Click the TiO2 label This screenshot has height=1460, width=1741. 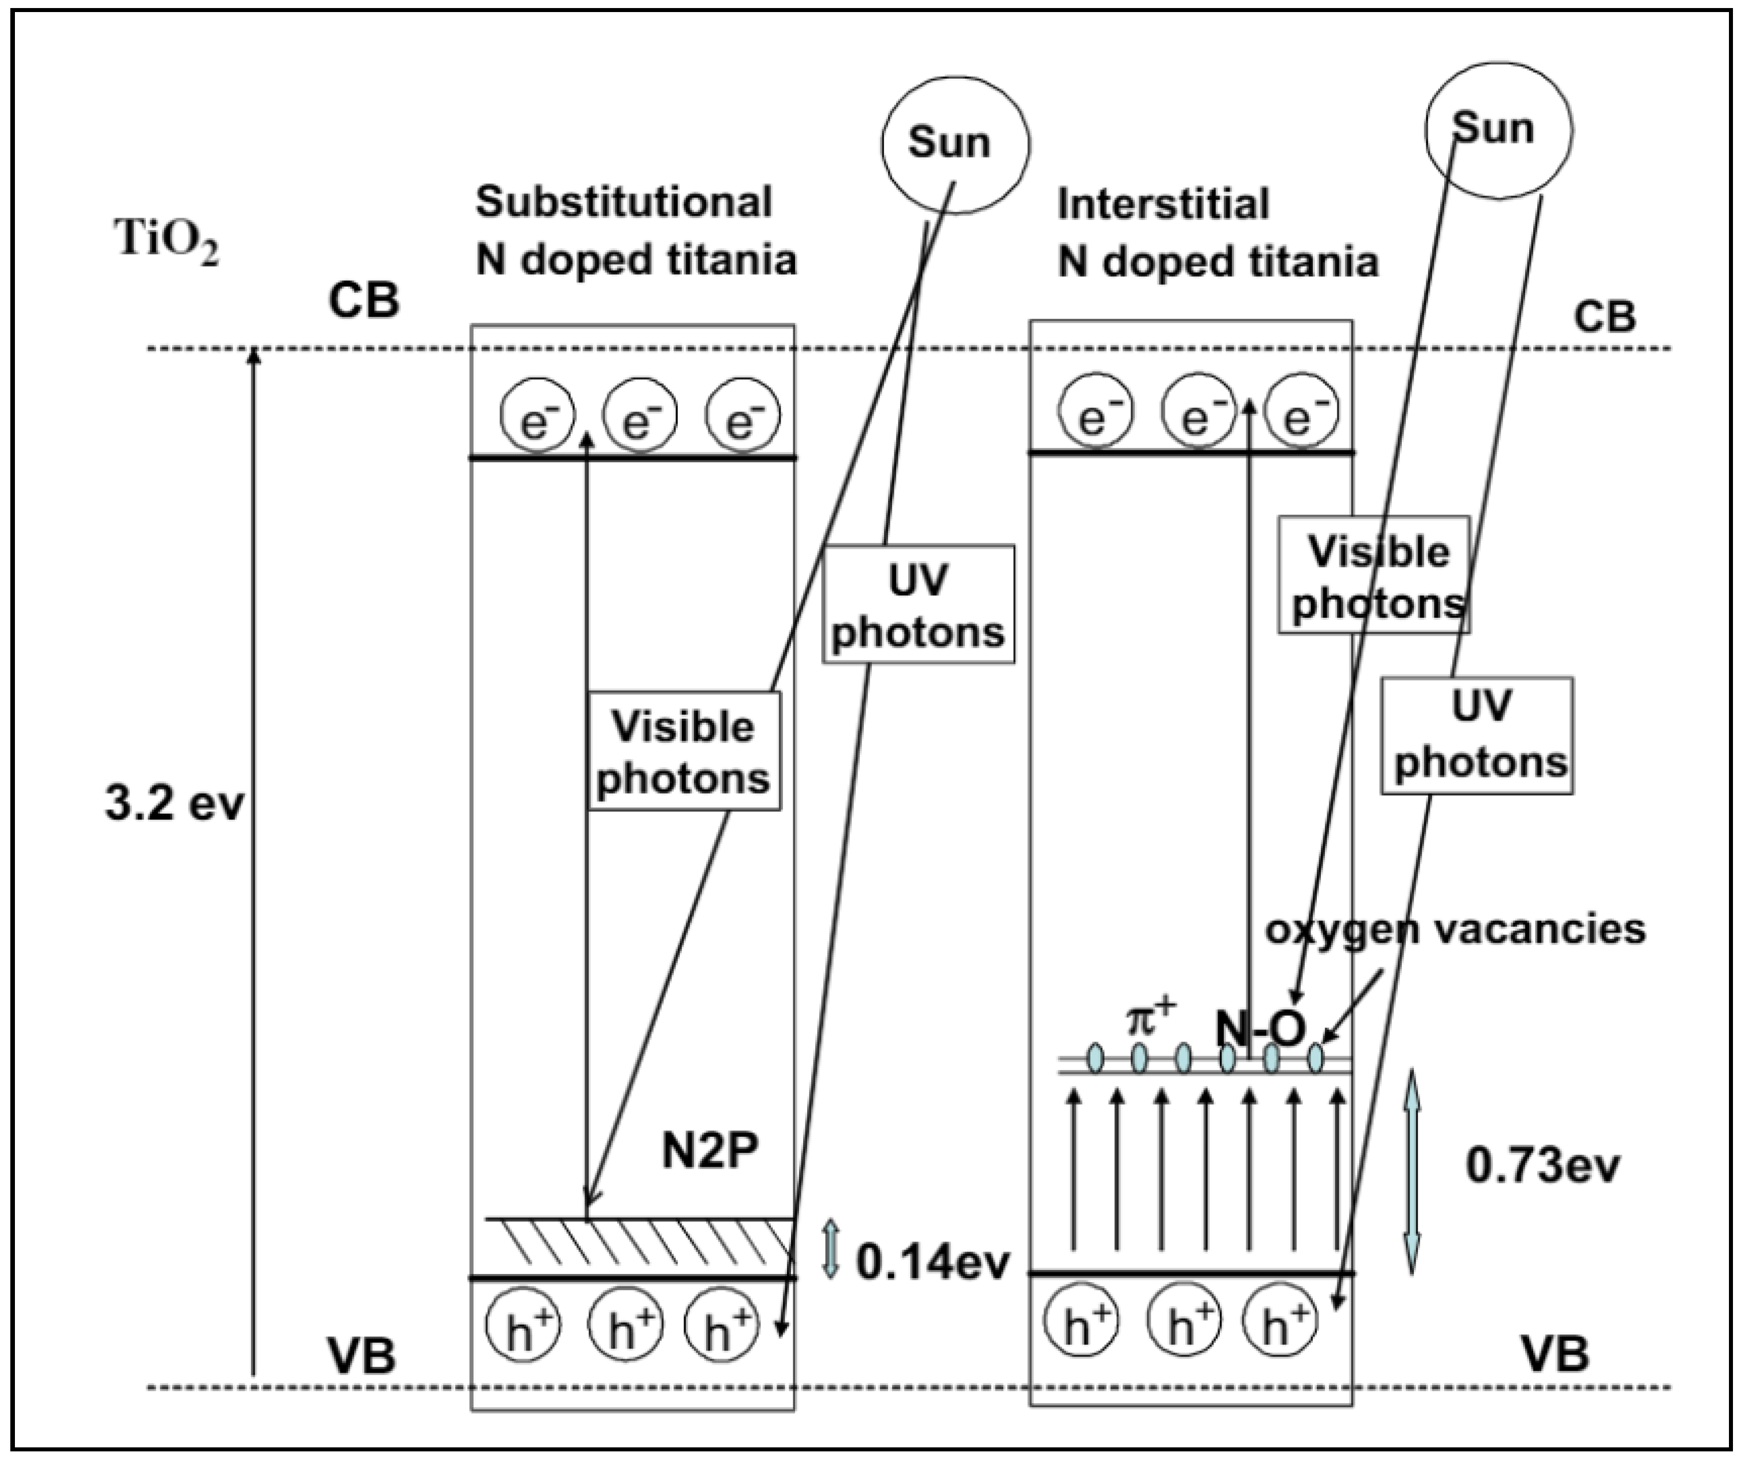pos(166,242)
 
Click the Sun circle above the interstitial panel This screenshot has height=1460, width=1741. pos(1498,130)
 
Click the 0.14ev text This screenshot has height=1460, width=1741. pos(933,1263)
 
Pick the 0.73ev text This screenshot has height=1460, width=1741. pos(1542,1165)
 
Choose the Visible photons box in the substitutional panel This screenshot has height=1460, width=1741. pos(684,751)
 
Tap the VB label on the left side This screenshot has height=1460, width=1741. pos(362,1356)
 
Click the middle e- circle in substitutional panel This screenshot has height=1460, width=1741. pos(639,415)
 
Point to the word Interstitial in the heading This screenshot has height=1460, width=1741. pos(1162,204)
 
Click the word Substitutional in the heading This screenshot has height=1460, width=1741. pos(623,202)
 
